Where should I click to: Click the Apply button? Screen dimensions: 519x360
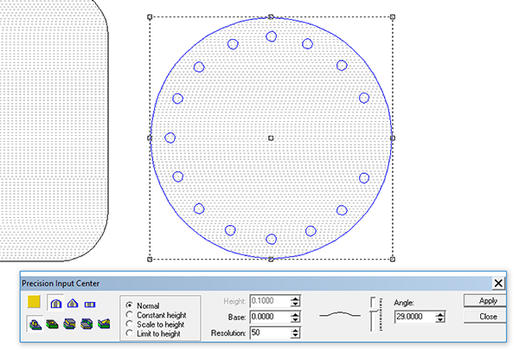click(x=485, y=300)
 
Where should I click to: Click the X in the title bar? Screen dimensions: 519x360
click(x=498, y=283)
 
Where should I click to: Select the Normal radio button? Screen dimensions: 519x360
click(x=130, y=305)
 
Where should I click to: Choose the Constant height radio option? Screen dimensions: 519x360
click(x=130, y=315)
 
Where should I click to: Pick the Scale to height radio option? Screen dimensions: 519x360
click(x=130, y=324)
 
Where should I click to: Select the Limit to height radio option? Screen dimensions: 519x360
click(x=130, y=333)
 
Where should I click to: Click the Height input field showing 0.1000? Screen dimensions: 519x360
click(x=270, y=300)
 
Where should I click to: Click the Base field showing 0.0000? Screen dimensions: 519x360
click(x=270, y=317)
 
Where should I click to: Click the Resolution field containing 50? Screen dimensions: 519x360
click(x=270, y=332)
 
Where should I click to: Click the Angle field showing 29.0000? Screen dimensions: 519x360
click(x=415, y=317)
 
